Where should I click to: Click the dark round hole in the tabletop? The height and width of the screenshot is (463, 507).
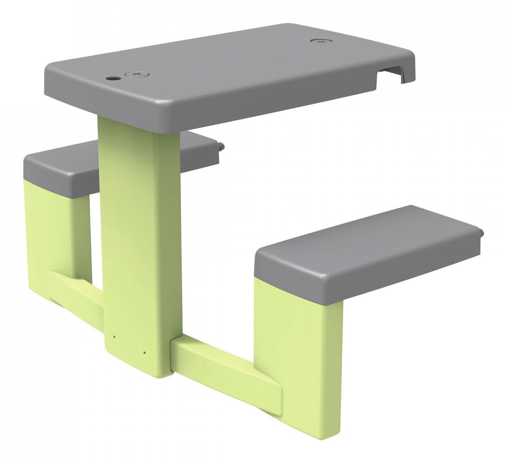click(x=113, y=78)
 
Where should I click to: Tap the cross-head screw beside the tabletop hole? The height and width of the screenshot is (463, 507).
click(x=135, y=74)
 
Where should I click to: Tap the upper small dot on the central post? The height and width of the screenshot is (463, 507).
click(x=113, y=337)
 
